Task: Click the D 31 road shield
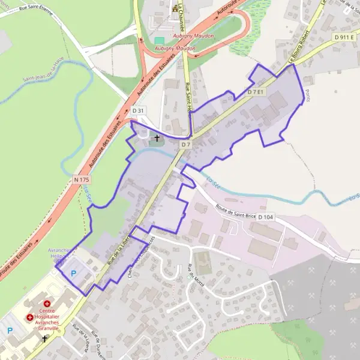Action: (138, 111)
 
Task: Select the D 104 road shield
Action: (266, 217)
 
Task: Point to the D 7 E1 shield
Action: (256, 92)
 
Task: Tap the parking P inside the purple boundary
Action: (74, 273)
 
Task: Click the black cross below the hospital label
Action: (44, 338)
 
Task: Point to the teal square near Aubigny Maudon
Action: (159, 40)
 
